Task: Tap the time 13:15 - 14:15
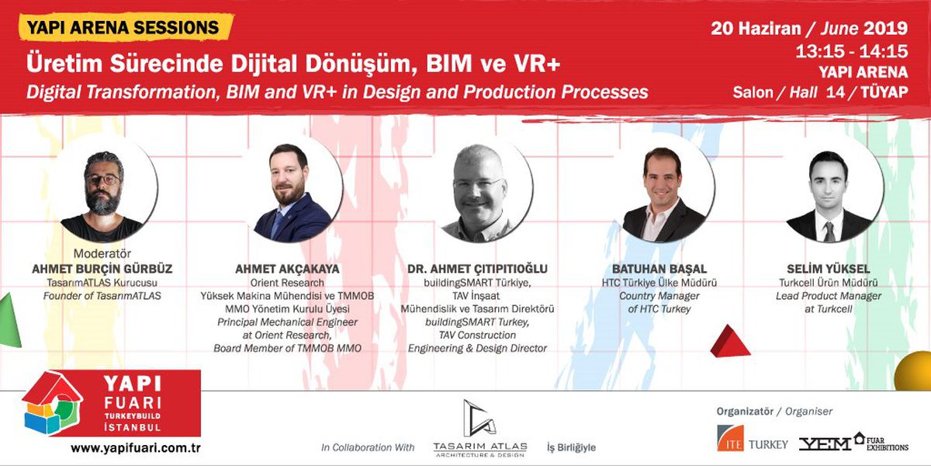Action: tap(851, 52)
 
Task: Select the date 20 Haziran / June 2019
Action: tap(809, 29)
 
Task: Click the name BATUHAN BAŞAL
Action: tap(659, 269)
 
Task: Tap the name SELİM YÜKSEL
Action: tap(828, 269)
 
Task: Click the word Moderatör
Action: tap(102, 253)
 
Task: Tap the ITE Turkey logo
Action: tap(751, 440)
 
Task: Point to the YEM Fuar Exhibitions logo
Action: tap(853, 441)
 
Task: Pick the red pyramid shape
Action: tap(730, 341)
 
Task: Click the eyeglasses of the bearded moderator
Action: tap(102, 179)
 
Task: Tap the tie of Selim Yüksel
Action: tap(829, 231)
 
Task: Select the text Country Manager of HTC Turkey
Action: tap(659, 303)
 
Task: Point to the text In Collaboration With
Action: tap(368, 447)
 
